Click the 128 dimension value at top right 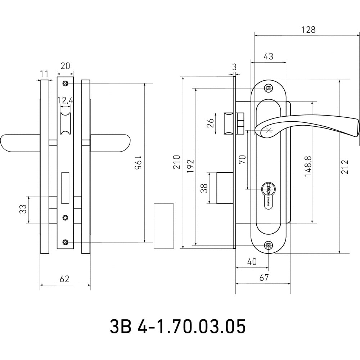(309, 30)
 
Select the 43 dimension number (269, 56)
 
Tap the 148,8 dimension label (308, 166)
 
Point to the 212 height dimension (345, 167)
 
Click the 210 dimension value (176, 162)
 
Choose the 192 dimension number (190, 166)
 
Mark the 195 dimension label (138, 163)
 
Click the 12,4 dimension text (65, 100)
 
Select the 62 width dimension (64, 279)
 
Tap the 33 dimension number (23, 209)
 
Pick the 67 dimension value (264, 278)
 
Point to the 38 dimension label (204, 188)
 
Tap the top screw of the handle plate (269, 88)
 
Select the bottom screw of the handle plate (269, 246)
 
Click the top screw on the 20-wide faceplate (66, 83)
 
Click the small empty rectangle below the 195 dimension (163, 226)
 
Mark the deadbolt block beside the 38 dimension (225, 188)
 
